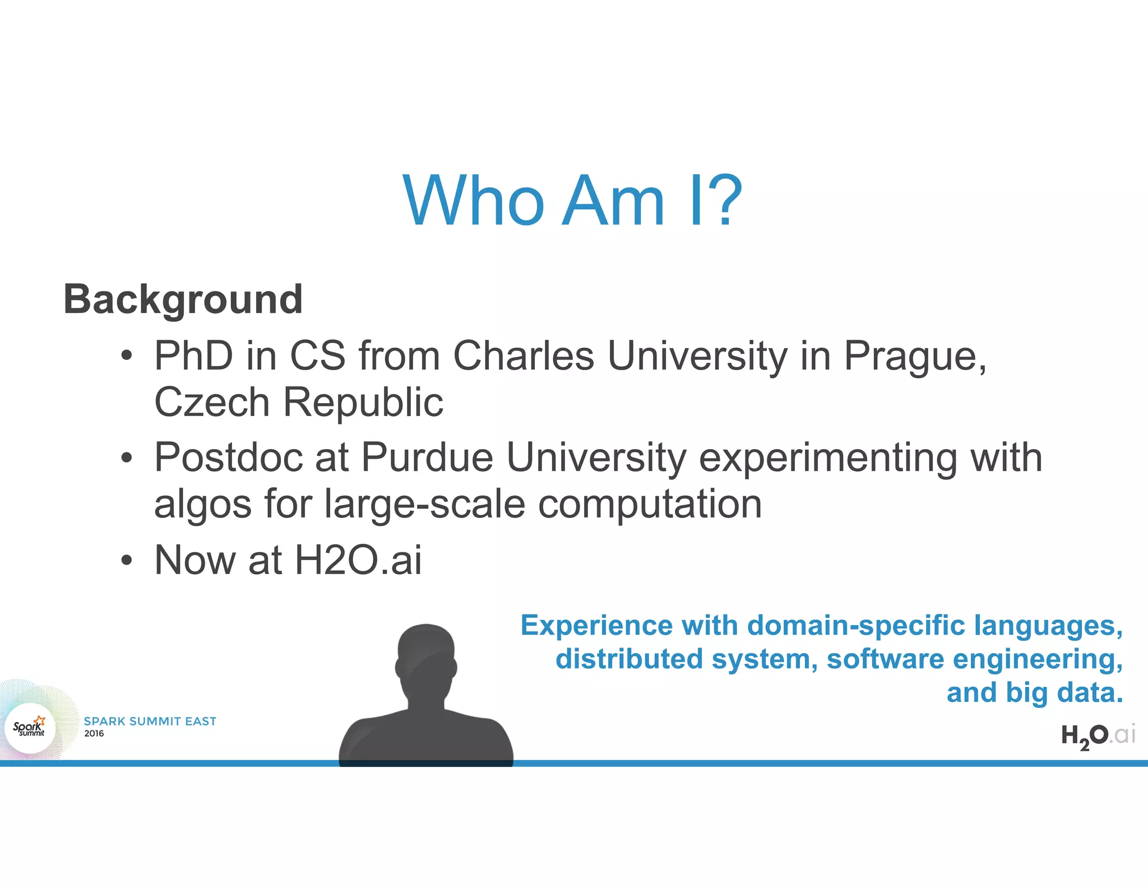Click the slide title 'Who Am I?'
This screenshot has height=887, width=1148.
[573, 200]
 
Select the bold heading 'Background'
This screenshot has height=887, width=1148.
[183, 299]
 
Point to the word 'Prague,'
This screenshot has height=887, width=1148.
[915, 357]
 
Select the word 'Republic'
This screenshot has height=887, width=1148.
[363, 402]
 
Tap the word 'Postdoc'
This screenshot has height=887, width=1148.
[229, 458]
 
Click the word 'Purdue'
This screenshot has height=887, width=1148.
[427, 458]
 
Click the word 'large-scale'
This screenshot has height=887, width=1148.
[425, 504]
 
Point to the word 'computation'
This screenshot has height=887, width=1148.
[650, 504]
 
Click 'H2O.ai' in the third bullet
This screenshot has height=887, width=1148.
[358, 560]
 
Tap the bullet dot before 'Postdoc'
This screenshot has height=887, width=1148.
[127, 458]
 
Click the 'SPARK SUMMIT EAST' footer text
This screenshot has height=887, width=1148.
[150, 721]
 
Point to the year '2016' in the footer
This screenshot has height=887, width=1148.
[94, 733]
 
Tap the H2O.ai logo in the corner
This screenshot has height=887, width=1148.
[1098, 736]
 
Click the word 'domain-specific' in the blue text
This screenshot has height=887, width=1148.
[857, 625]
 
